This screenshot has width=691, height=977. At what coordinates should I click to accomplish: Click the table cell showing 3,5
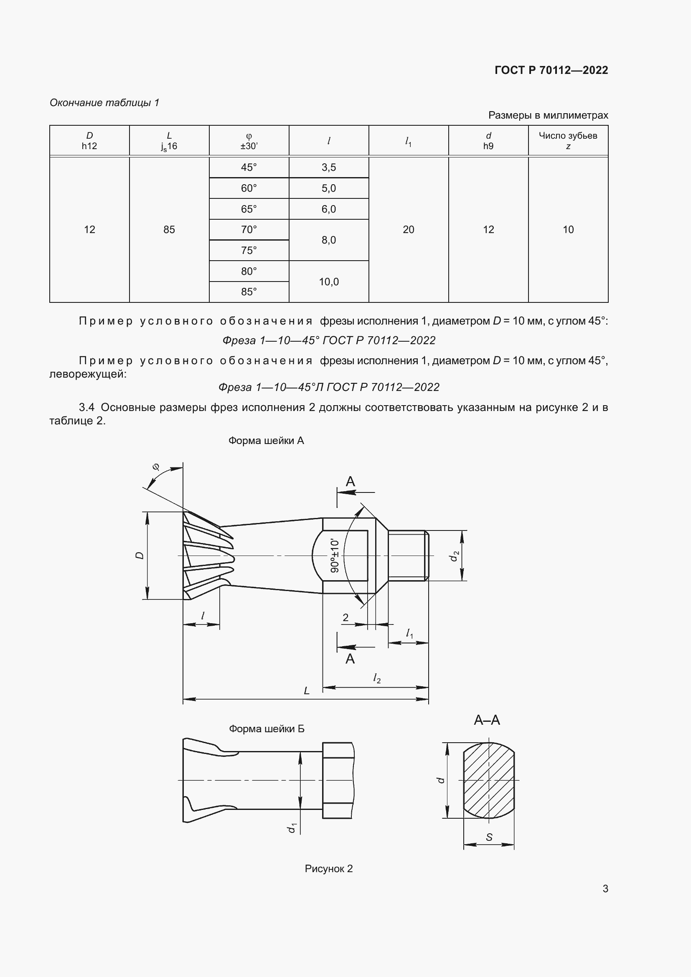pyautogui.click(x=328, y=167)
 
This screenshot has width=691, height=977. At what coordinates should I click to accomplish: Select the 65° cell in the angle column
pyautogui.click(x=249, y=209)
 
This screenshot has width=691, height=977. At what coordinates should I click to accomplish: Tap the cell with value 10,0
pyautogui.click(x=328, y=282)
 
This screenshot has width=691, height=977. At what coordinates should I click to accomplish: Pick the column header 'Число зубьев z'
pyautogui.click(x=568, y=140)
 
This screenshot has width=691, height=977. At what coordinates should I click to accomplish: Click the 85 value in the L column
pyautogui.click(x=169, y=230)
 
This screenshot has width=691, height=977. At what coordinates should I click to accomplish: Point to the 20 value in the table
pyautogui.click(x=408, y=230)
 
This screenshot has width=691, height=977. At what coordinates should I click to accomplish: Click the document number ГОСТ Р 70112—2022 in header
pyautogui.click(x=551, y=70)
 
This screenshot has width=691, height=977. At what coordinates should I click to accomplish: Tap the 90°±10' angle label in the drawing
pyautogui.click(x=335, y=555)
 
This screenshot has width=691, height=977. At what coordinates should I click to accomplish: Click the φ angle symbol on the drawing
pyautogui.click(x=156, y=467)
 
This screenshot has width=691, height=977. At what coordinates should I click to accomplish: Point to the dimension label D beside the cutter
pyautogui.click(x=140, y=555)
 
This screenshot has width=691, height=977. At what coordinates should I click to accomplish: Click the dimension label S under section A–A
pyautogui.click(x=489, y=837)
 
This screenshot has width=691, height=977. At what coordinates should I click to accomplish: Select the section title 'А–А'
pyautogui.click(x=487, y=720)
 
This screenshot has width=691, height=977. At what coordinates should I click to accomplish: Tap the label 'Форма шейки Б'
pyautogui.click(x=267, y=728)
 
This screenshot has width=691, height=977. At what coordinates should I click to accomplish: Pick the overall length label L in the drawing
pyautogui.click(x=306, y=690)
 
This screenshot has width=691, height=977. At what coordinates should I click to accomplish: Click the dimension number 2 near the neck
pyautogui.click(x=345, y=617)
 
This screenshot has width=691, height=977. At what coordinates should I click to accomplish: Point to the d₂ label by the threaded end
pyautogui.click(x=455, y=555)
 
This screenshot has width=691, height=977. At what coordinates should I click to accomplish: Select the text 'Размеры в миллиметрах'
pyautogui.click(x=548, y=115)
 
